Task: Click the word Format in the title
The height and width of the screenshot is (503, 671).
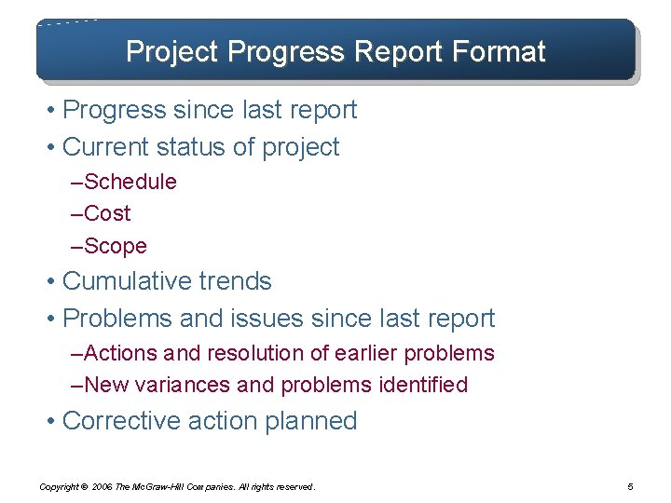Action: tap(500, 51)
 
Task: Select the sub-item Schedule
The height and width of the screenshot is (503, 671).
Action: tap(130, 182)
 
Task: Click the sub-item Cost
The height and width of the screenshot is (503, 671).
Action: tap(107, 213)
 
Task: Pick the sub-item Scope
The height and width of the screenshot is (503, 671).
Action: tap(115, 246)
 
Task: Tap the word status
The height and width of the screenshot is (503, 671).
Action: tap(198, 147)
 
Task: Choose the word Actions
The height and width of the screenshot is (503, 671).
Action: tap(121, 354)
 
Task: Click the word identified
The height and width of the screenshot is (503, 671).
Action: tap(425, 385)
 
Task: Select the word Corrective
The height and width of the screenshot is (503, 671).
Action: tap(121, 421)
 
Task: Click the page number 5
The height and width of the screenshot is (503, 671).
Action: tap(631, 486)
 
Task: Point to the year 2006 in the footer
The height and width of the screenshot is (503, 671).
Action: tap(103, 487)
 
